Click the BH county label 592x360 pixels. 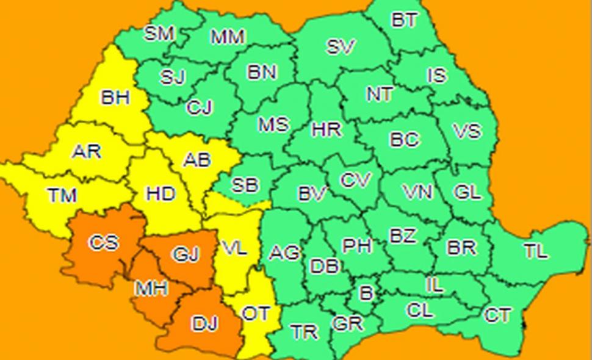click(115, 97)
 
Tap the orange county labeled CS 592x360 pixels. click(104, 242)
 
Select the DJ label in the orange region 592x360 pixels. click(205, 323)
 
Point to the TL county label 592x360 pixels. click(535, 251)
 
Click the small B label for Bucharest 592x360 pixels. click(366, 293)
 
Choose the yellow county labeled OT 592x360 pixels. click(256, 314)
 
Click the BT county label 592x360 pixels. click(404, 20)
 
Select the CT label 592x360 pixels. click(497, 315)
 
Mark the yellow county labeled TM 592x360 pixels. click(62, 195)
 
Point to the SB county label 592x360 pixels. click(245, 185)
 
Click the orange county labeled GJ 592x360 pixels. click(186, 253)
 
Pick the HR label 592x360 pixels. click(327, 129)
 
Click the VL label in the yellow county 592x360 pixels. click(234, 248)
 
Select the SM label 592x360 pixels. click(159, 33)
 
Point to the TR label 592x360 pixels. click(304, 332)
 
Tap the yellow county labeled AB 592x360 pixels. click(197, 160)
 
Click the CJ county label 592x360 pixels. click(200, 108)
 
